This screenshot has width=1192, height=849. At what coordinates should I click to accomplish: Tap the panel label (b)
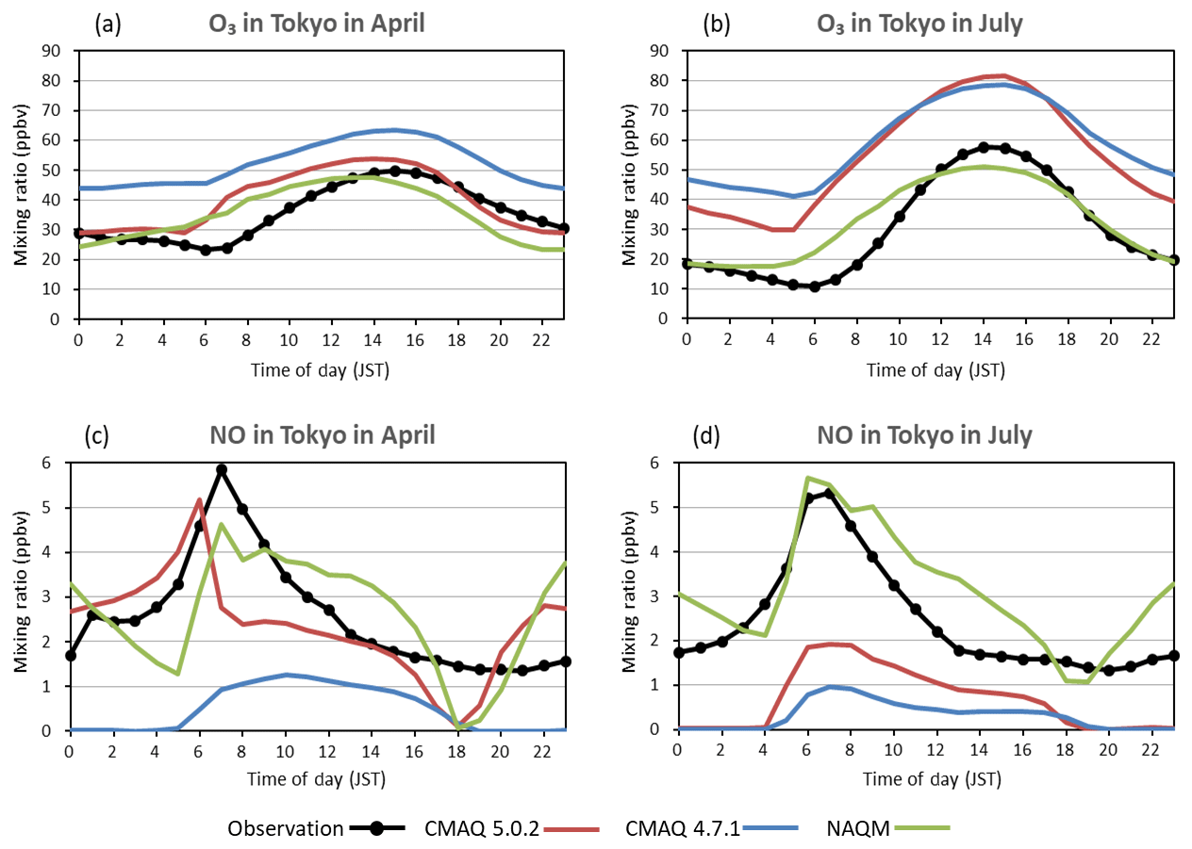(x=718, y=24)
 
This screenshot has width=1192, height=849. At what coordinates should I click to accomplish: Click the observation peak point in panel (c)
(x=221, y=469)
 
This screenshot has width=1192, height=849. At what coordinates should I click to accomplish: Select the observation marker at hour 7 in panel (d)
(x=829, y=493)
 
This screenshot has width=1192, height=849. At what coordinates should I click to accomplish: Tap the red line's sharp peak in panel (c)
(x=199, y=498)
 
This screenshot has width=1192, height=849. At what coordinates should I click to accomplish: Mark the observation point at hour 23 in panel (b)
(x=1173, y=260)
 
